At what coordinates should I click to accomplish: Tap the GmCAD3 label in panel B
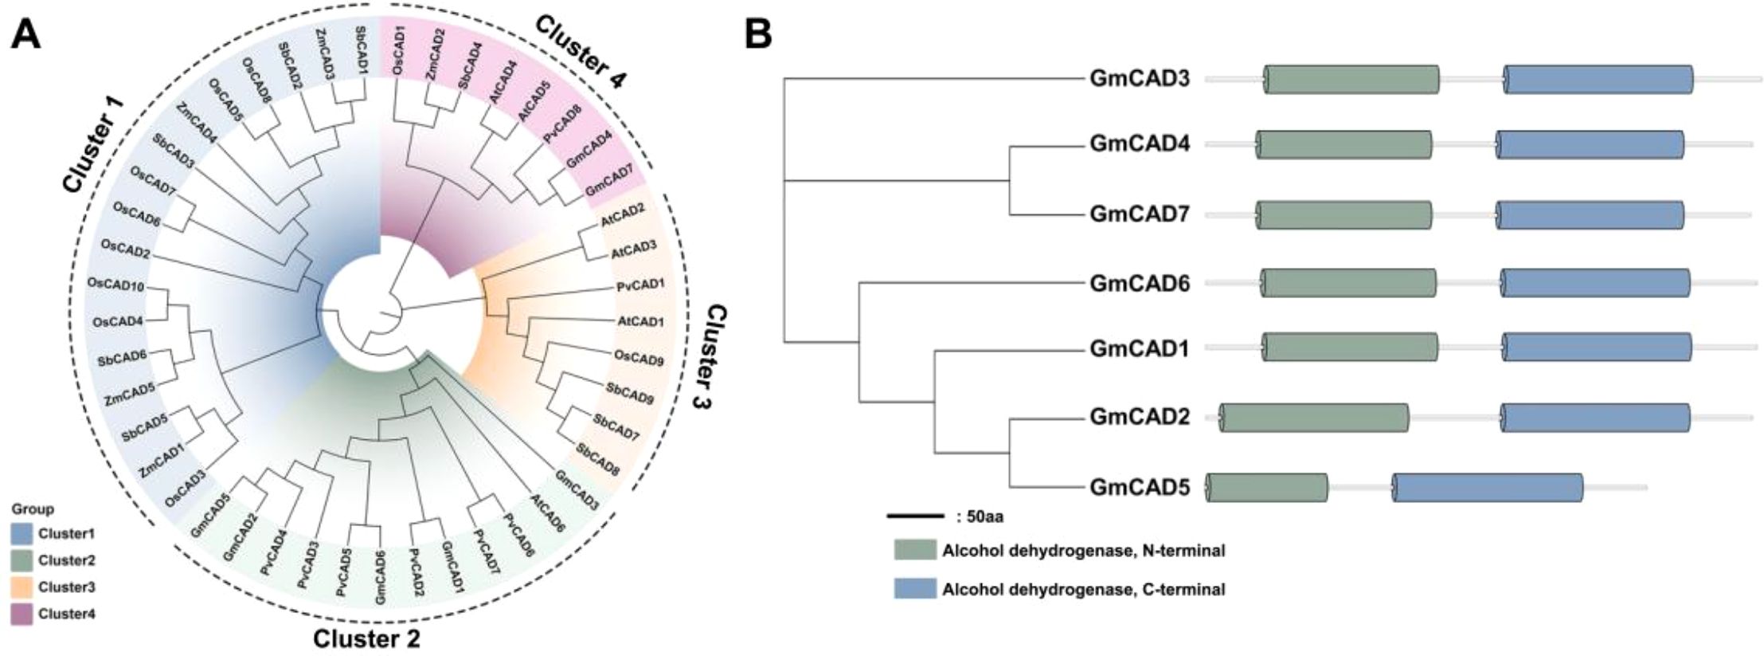[x=1140, y=79]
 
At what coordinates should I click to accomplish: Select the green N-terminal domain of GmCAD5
[x=1268, y=488]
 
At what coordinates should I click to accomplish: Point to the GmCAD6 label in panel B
[x=1140, y=282]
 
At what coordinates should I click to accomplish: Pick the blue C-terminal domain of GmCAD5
[x=1488, y=488]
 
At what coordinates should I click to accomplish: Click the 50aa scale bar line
[x=915, y=517]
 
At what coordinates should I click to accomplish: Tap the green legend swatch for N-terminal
[x=915, y=550]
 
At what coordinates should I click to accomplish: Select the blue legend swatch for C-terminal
[x=915, y=589]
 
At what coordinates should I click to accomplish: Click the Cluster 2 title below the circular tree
[x=366, y=638]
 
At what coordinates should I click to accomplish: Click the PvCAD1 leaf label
[x=640, y=285]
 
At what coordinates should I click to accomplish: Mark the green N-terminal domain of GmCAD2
[x=1314, y=418]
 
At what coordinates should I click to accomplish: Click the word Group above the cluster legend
[x=33, y=509]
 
